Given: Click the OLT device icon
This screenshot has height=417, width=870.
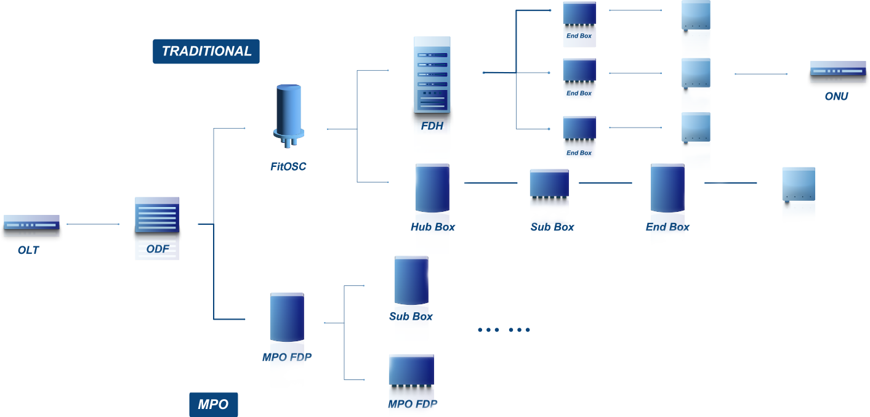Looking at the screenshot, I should (x=31, y=222).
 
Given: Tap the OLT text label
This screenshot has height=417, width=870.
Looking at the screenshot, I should (x=28, y=251).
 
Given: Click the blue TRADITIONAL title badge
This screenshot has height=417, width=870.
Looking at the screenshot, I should (x=206, y=51).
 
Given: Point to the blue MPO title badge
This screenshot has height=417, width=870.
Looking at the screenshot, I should (x=213, y=405).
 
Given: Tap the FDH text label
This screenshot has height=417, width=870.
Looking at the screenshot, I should (x=432, y=127).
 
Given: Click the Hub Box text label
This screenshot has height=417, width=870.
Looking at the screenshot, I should (x=433, y=227).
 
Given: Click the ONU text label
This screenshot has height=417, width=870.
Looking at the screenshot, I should (x=837, y=96).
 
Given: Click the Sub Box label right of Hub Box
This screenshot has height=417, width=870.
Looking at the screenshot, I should (x=552, y=227).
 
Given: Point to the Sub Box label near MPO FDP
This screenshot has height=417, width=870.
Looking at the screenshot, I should (x=411, y=316).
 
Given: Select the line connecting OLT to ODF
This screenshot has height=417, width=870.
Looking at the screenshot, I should (x=93, y=224).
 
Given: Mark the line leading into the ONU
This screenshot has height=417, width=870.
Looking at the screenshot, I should (x=760, y=74).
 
